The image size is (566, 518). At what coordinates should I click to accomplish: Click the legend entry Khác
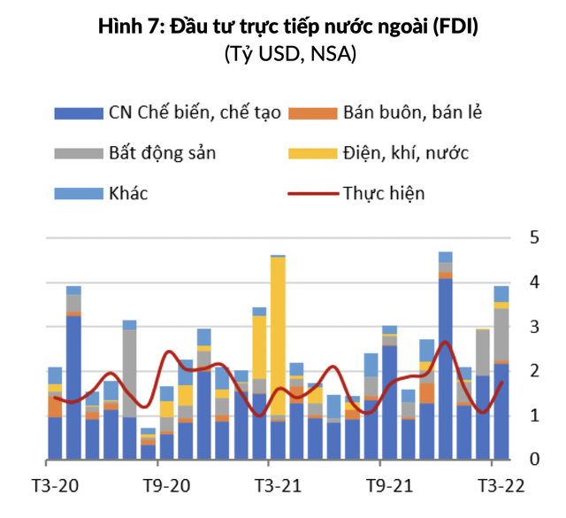pyautogui.click(x=128, y=192)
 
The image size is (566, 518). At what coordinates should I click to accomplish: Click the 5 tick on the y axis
pyautogui.click(x=534, y=237)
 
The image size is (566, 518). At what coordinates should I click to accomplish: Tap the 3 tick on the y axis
pyautogui.click(x=534, y=327)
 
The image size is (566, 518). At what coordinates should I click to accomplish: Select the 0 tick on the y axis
pyautogui.click(x=534, y=460)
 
